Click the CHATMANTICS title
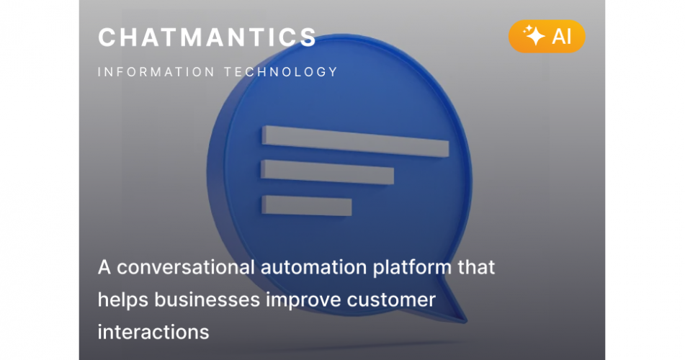click(207, 37)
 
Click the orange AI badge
click(547, 36)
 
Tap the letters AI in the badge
click(561, 37)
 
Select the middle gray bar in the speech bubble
click(327, 173)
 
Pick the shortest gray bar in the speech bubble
click(306, 205)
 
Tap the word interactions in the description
click(153, 332)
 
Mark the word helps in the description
click(120, 300)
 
